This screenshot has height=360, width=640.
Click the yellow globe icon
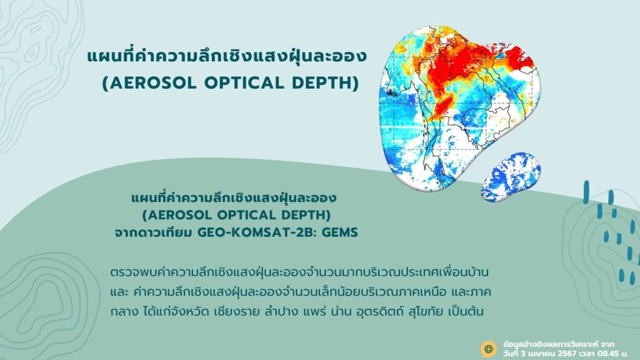(489, 349)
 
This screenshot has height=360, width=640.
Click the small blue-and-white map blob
(510, 177)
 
